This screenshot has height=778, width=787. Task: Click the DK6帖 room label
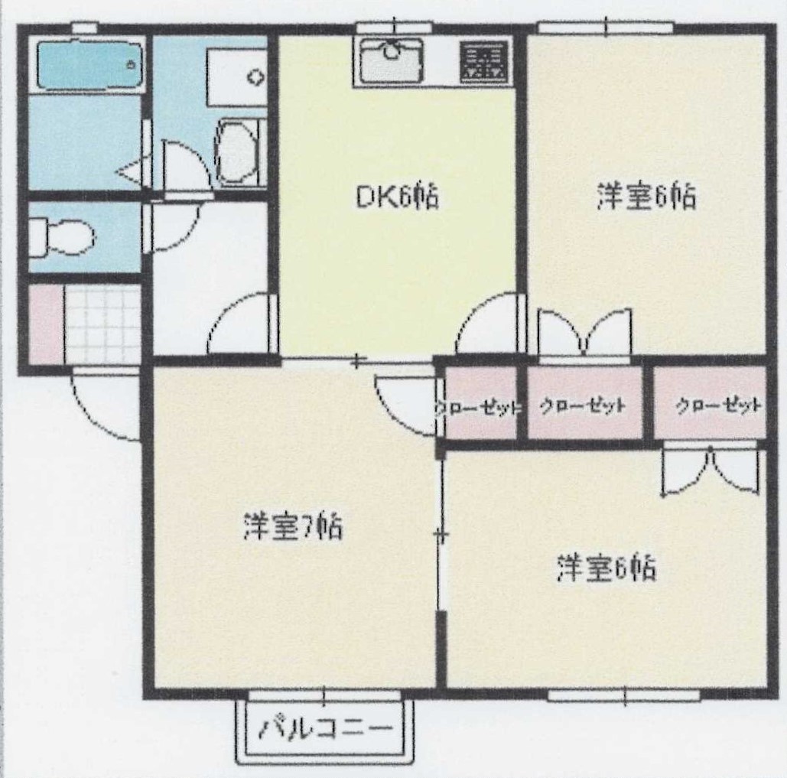click(x=396, y=197)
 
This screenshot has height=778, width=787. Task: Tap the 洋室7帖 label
click(x=293, y=527)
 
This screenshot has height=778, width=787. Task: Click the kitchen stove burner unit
click(x=484, y=62)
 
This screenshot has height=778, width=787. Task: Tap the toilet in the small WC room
click(x=61, y=236)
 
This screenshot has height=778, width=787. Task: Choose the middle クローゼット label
click(x=583, y=405)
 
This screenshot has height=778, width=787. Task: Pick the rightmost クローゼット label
click(x=718, y=405)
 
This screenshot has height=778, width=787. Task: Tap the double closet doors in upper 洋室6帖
click(x=584, y=334)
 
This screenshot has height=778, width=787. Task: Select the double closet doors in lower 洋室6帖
click(x=710, y=470)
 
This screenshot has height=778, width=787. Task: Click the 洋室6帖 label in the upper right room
click(x=646, y=197)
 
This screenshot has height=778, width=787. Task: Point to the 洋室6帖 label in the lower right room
click(x=607, y=568)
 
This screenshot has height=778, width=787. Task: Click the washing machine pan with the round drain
click(x=237, y=77)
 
